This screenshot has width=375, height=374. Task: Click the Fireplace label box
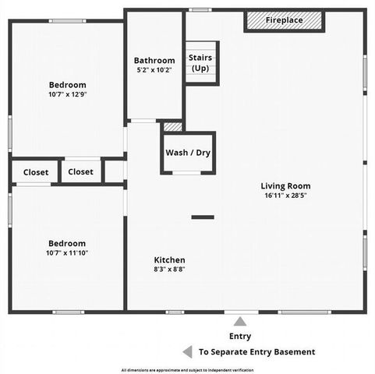(284, 20)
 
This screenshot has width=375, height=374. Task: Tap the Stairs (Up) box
(201, 63)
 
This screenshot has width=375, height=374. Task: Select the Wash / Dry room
(188, 153)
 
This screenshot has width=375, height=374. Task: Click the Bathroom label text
(154, 60)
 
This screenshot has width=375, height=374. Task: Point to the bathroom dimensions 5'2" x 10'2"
(154, 70)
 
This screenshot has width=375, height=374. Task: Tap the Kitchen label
(169, 259)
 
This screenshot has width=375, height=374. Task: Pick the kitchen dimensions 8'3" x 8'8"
(169, 270)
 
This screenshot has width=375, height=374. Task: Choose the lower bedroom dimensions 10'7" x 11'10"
(67, 253)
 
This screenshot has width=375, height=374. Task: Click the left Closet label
(35, 172)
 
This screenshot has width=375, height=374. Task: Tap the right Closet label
(80, 172)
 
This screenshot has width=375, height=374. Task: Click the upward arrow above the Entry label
(240, 320)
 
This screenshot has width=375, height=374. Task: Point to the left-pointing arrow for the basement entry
(186, 351)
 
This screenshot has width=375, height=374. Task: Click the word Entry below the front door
(240, 337)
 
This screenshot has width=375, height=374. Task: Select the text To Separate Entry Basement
(257, 352)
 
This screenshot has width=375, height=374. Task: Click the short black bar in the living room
(203, 217)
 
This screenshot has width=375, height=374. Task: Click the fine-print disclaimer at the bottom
(187, 369)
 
